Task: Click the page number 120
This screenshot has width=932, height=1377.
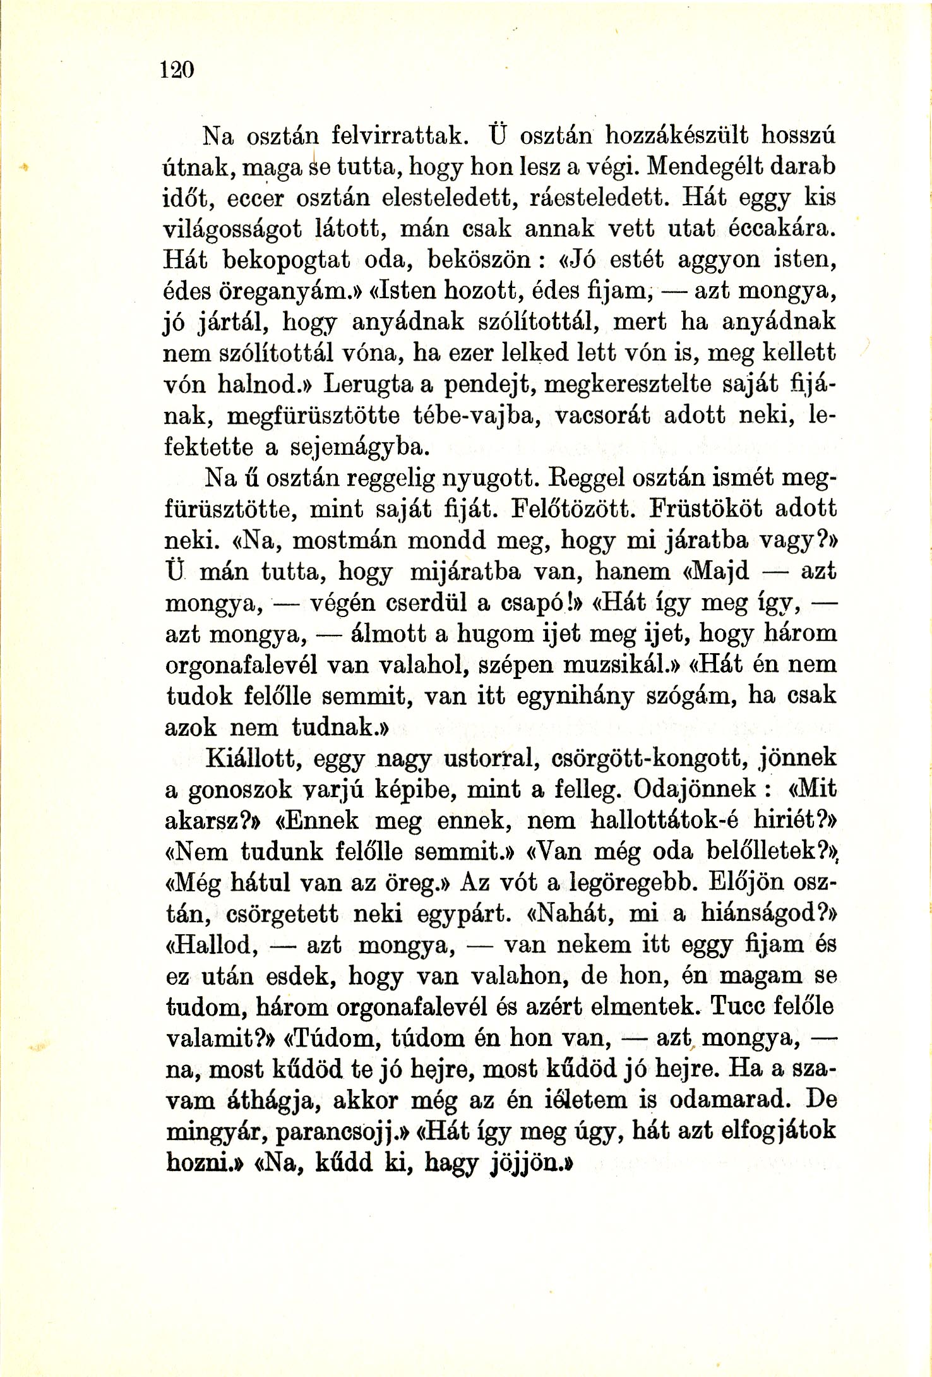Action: pos(176,69)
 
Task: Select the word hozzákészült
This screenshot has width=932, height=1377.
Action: pos(676,134)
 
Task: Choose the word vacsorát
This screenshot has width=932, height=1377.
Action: pos(607,415)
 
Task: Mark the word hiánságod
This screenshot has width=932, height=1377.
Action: pos(758,913)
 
